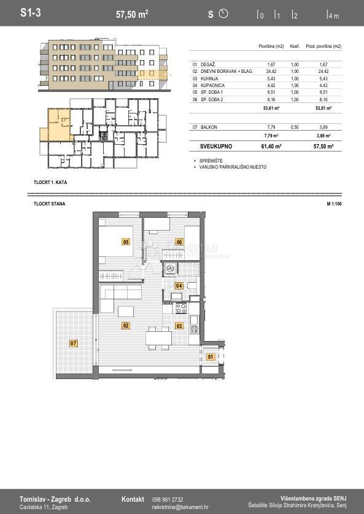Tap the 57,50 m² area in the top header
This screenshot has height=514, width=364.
[132, 13]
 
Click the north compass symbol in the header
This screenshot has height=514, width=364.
[223, 13]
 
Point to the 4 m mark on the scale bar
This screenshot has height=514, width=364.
[333, 16]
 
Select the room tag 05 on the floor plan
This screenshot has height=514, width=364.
[126, 242]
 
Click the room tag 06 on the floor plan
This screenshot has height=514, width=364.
[179, 242]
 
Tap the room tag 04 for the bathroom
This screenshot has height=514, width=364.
[179, 286]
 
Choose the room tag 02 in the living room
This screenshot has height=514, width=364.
[125, 326]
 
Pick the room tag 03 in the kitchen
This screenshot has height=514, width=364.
[179, 326]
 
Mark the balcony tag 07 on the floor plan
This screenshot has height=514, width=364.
[73, 343]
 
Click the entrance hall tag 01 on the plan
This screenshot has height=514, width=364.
[211, 356]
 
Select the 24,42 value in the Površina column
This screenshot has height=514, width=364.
[271, 72]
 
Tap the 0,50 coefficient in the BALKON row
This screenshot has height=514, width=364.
[295, 127]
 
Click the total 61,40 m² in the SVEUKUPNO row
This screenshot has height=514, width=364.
[271, 147]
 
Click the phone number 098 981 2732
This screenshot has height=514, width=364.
[168, 500]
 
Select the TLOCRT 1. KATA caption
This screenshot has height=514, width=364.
[50, 183]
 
